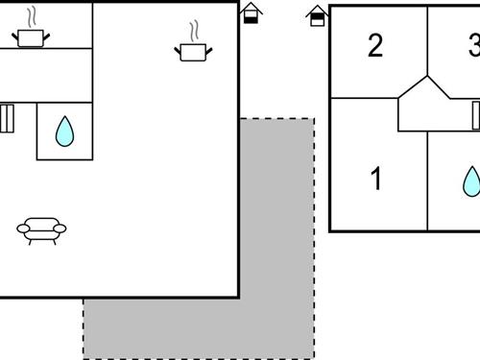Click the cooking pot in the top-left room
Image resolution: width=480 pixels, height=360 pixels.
point(31,38)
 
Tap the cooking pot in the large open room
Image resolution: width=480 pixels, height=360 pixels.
point(191,51)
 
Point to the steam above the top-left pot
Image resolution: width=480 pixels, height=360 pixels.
point(34,16)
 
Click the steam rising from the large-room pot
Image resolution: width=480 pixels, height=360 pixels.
point(194,30)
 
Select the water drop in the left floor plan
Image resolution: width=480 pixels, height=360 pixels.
point(64,131)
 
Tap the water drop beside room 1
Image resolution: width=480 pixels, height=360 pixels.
point(470,180)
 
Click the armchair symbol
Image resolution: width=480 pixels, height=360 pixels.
point(41,228)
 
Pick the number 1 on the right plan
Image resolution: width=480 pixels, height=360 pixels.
point(376,179)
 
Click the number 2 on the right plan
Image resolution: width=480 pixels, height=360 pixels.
point(375,45)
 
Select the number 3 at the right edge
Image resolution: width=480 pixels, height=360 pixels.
point(473,45)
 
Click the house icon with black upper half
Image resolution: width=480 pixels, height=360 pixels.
point(316,14)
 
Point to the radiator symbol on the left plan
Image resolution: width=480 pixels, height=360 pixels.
point(6,118)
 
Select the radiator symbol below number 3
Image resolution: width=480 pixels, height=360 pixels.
point(475,115)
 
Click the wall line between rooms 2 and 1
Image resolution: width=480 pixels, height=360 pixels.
point(363,98)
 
